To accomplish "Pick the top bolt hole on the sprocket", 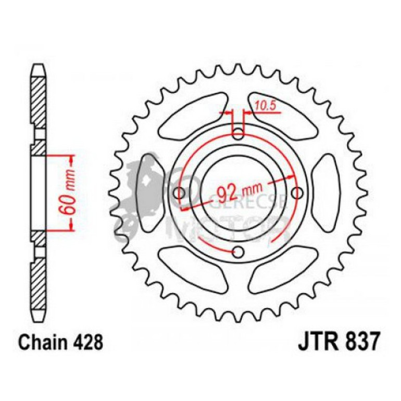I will pyautogui.click(x=239, y=134).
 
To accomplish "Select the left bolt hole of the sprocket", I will pyautogui.click(x=181, y=193).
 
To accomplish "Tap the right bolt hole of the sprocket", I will pyautogui.click(x=297, y=193).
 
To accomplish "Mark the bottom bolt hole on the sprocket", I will pyautogui.click(x=239, y=253).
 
